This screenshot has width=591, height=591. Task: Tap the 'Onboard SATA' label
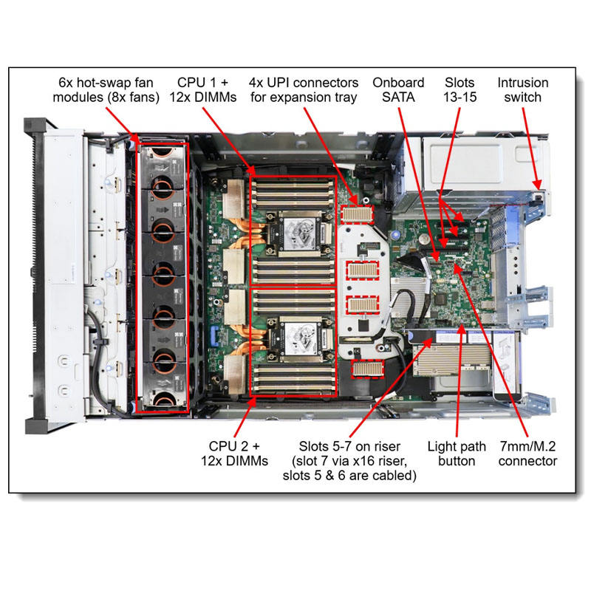(399, 90)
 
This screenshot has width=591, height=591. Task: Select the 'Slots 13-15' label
(460, 90)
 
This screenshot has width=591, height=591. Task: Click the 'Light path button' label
(457, 454)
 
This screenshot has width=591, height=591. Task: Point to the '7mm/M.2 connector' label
(527, 454)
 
